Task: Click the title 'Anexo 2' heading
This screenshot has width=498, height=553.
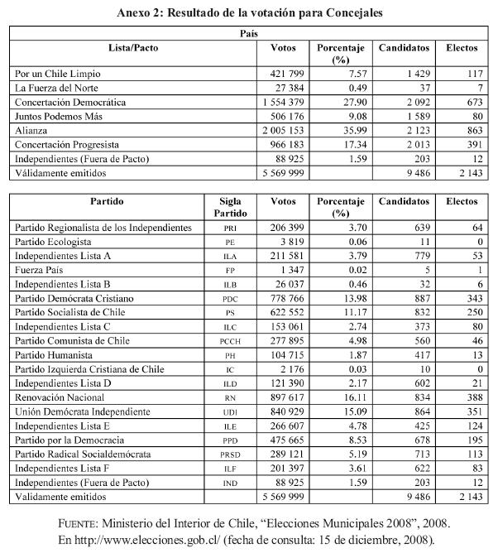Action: pyautogui.click(x=249, y=12)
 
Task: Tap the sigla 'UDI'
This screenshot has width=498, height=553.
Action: pyautogui.click(x=231, y=411)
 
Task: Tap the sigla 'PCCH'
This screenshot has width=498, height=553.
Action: pyautogui.click(x=231, y=341)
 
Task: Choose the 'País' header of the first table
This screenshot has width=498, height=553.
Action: pyautogui.click(x=248, y=34)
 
